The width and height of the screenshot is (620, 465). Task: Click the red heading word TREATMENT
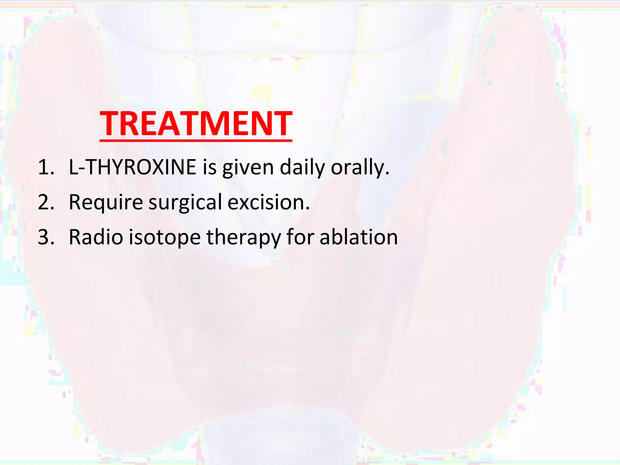pyautogui.click(x=196, y=123)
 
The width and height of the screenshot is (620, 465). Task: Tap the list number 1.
pyautogui.click(x=45, y=167)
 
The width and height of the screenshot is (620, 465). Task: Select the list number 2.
pyautogui.click(x=45, y=202)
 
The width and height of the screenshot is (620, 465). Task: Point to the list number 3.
pyautogui.click(x=45, y=237)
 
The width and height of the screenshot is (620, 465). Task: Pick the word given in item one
pyautogui.click(x=248, y=167)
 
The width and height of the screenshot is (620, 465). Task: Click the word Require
pyautogui.click(x=106, y=202)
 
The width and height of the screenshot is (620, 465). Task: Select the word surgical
pyautogui.click(x=185, y=202)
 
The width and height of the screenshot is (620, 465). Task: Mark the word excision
pyautogui.click(x=266, y=202)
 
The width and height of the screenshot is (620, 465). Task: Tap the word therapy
pyautogui.click(x=244, y=237)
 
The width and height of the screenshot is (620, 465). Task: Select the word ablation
pyautogui.click(x=359, y=237)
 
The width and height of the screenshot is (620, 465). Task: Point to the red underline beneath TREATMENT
pyautogui.click(x=196, y=140)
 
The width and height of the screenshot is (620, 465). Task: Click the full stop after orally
pyautogui.click(x=387, y=174)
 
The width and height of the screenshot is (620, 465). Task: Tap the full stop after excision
pyautogui.click(x=308, y=209)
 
